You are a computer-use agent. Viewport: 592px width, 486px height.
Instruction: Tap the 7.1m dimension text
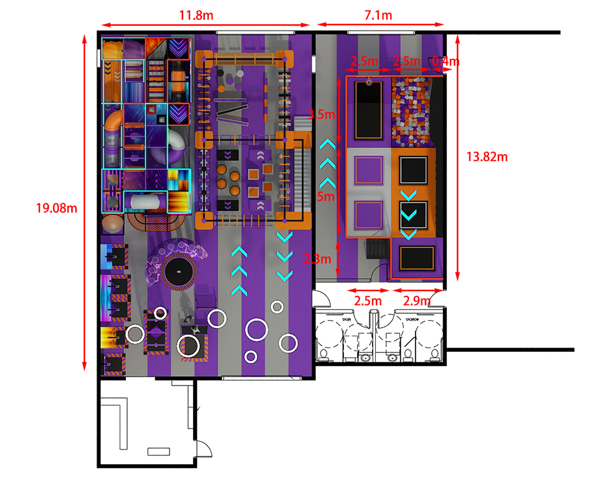[x=379, y=13]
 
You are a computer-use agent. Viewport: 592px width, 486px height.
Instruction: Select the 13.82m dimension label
[x=487, y=157]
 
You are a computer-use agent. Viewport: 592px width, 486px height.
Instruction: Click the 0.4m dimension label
[x=446, y=62]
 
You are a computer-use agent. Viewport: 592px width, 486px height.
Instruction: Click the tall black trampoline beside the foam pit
[x=368, y=110]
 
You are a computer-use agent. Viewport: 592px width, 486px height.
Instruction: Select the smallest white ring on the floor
[x=251, y=357]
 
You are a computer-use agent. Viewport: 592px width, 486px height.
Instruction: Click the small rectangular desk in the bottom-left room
[x=158, y=451]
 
